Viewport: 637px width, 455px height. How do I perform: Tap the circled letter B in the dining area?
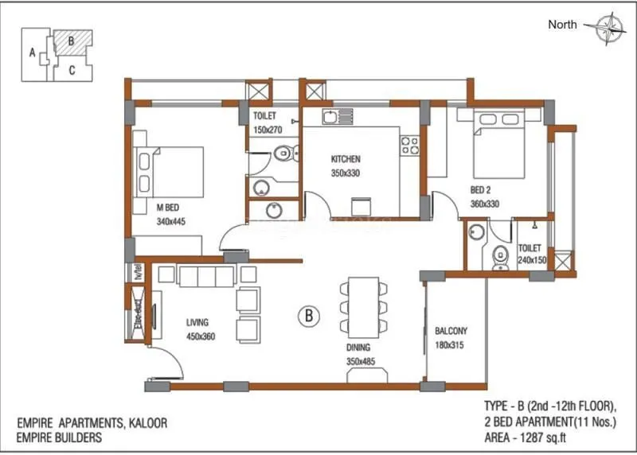tap(308, 317)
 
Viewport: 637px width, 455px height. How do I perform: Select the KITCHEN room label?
tap(346, 159)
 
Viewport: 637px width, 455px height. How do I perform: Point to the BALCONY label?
tap(451, 332)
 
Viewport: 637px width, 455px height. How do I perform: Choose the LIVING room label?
tap(197, 323)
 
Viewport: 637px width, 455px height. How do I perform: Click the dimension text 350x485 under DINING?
tap(360, 361)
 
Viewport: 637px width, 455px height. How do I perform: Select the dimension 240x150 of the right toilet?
tap(530, 259)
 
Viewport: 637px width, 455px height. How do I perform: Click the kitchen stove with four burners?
tap(409, 145)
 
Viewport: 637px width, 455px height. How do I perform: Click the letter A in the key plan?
tap(32, 54)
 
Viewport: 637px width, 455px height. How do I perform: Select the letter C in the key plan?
tap(72, 70)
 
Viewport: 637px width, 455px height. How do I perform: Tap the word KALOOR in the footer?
tap(143, 423)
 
